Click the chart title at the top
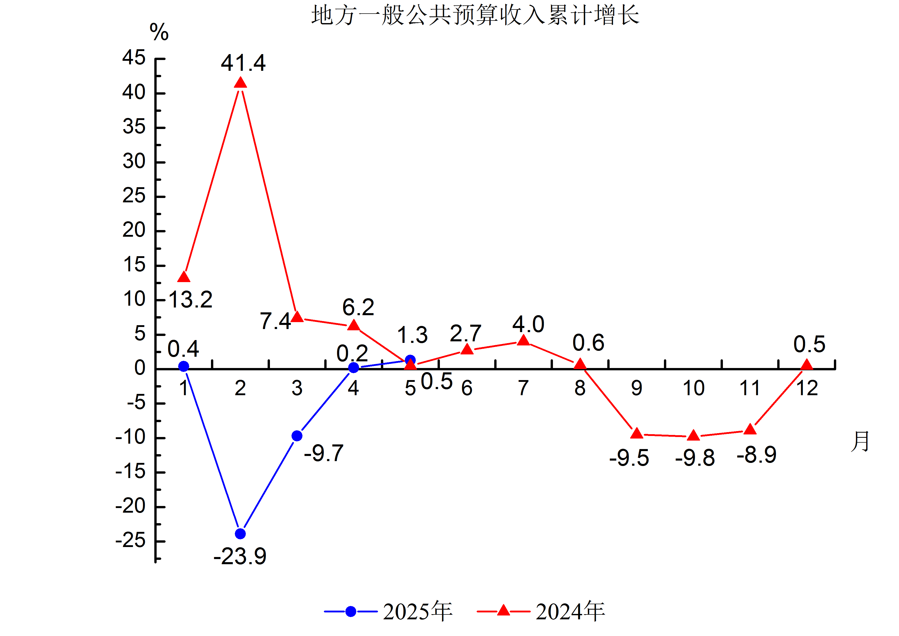(475, 16)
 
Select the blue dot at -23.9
(240, 534)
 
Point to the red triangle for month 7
(523, 340)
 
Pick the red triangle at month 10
(693, 435)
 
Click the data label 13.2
(191, 300)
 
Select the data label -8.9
(756, 455)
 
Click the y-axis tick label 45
(134, 58)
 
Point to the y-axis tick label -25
(130, 541)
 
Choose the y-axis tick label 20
(134, 230)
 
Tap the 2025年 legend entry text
(418, 612)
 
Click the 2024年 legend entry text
(570, 612)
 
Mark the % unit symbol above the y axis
(159, 32)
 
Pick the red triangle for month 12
(807, 365)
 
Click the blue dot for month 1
(184, 366)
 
